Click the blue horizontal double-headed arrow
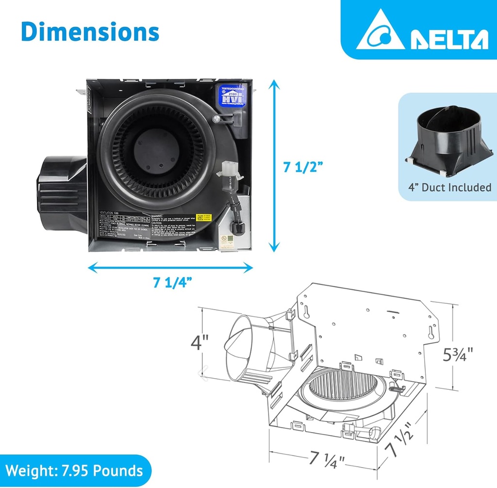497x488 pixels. click(170, 267)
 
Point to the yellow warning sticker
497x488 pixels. click(202, 218)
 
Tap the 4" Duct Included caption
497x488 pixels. click(449, 187)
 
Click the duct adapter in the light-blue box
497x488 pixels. click(448, 140)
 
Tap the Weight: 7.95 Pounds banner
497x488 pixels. click(74, 471)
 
